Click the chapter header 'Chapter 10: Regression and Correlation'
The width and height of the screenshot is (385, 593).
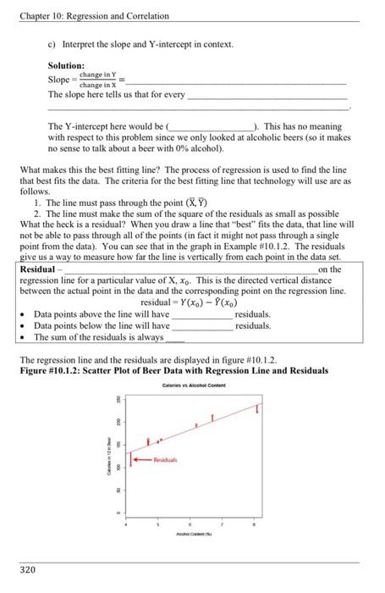tap(96, 16)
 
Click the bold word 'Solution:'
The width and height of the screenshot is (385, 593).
tap(66, 64)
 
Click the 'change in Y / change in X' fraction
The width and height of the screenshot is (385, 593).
tap(97, 80)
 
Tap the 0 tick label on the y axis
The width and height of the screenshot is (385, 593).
tap(118, 513)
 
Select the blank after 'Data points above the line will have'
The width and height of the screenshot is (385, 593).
tap(202, 313)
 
